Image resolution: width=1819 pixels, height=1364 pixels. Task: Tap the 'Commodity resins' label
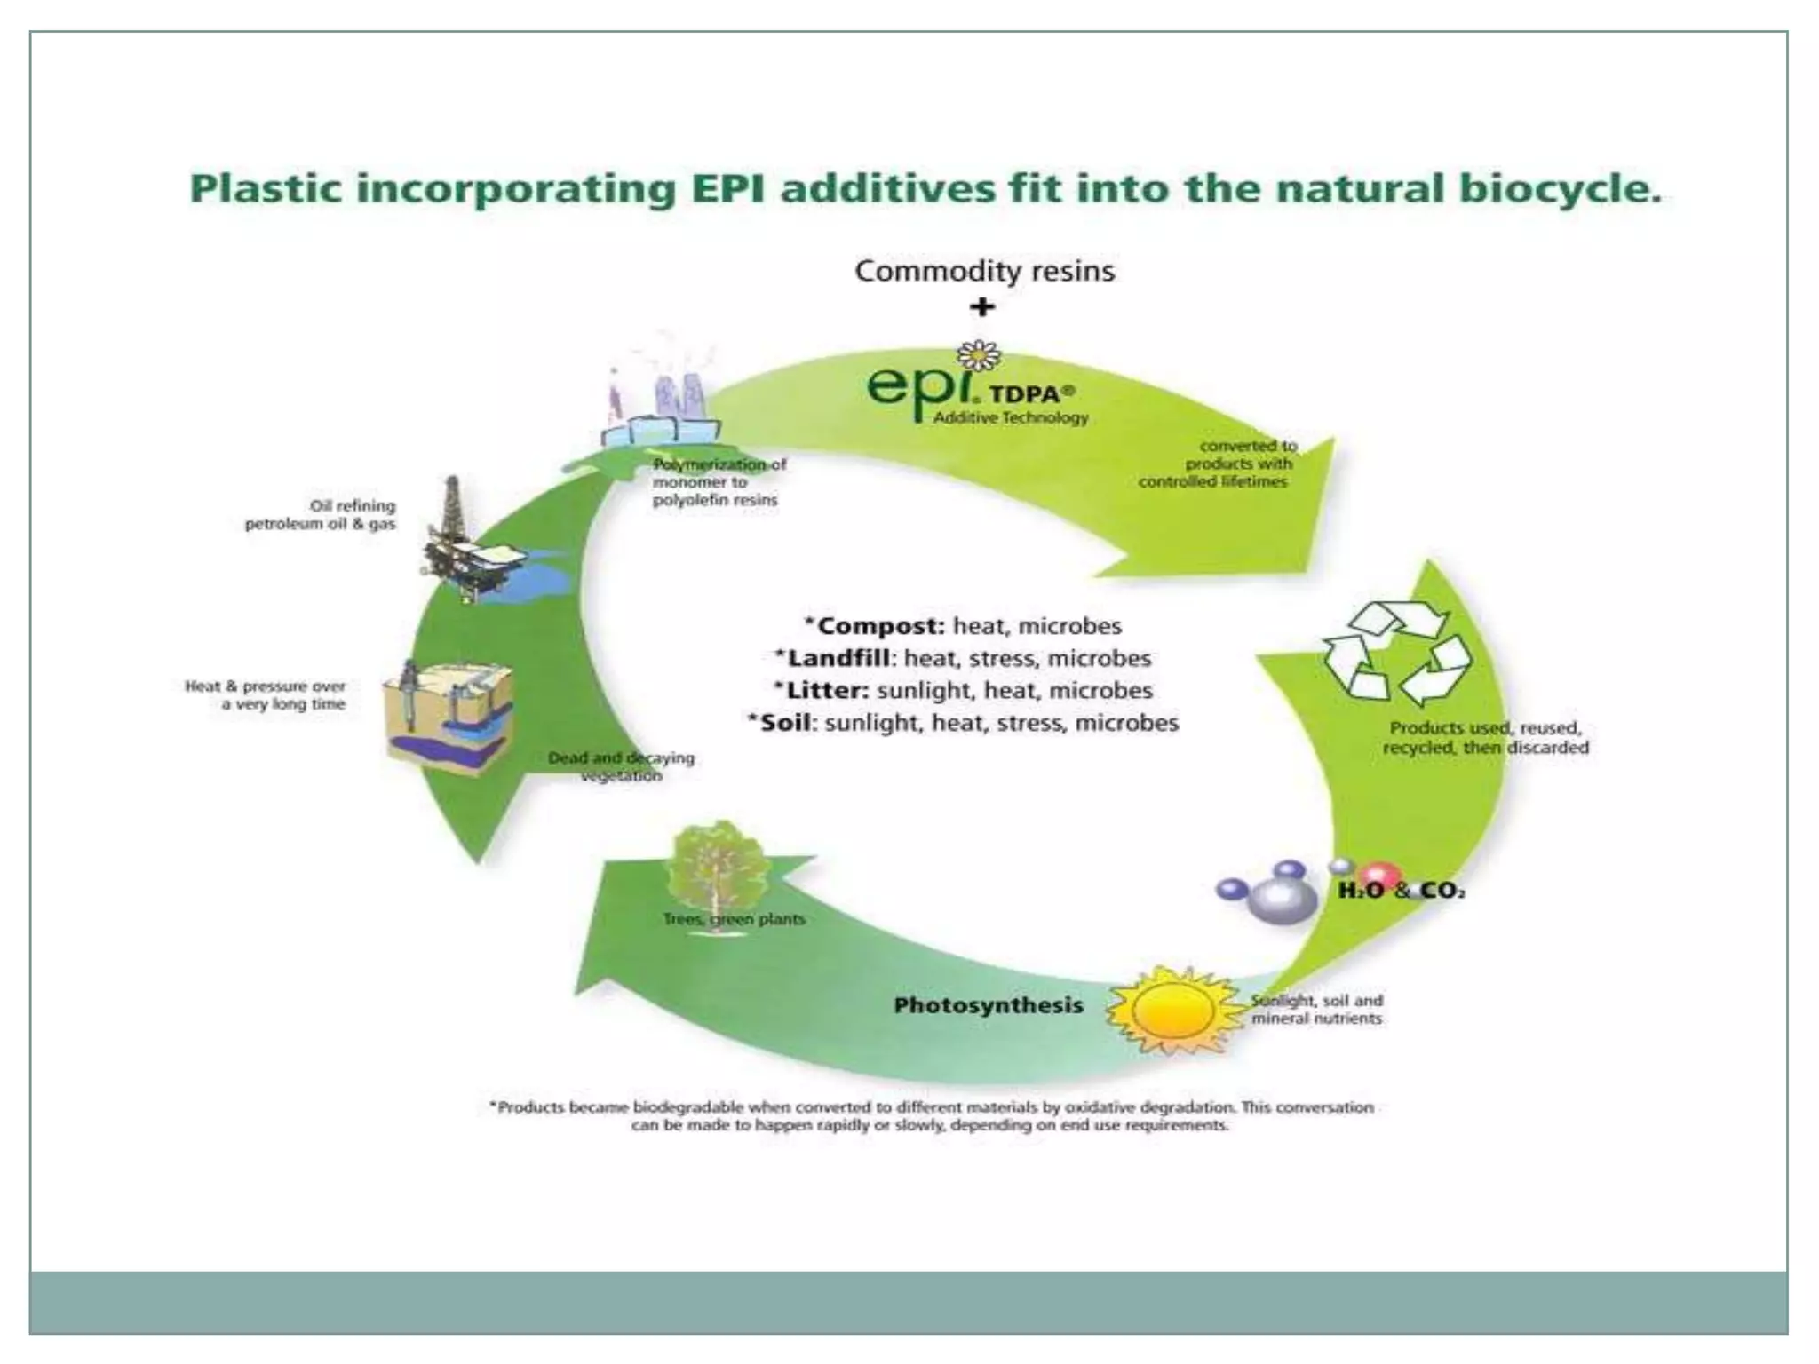(x=984, y=271)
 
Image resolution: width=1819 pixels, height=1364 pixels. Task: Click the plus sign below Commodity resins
(x=981, y=307)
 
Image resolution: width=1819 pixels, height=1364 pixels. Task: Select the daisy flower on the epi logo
(x=980, y=355)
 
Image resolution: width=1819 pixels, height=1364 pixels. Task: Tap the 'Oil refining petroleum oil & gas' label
(x=321, y=515)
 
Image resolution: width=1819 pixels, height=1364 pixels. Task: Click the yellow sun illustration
(x=1174, y=1011)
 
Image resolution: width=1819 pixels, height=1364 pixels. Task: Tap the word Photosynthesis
(x=989, y=1005)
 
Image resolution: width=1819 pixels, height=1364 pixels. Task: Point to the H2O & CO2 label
(x=1401, y=891)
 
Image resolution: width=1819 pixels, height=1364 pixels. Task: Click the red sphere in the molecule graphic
(x=1379, y=876)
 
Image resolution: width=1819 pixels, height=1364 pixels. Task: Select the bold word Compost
(x=880, y=626)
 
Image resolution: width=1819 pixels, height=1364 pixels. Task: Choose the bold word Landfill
(x=838, y=658)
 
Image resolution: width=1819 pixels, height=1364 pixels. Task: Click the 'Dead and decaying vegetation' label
(x=621, y=766)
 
